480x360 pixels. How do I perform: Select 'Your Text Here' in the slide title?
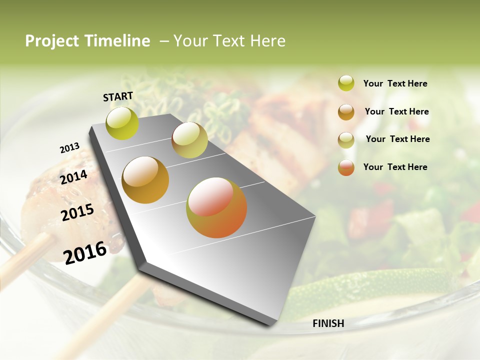pos(229,41)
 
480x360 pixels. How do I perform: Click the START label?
pos(118,96)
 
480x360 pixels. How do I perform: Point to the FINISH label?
pos(328,323)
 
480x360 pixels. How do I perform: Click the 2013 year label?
pos(69,148)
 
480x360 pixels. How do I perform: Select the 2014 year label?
pos(74,177)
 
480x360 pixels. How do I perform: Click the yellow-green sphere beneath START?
pos(122,123)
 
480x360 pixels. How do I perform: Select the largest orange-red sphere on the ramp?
pos(216,207)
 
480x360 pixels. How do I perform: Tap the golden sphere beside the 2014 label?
pos(145,180)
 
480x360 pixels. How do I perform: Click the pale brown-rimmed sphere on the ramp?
pos(189,140)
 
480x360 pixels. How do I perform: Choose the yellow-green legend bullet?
pos(346,83)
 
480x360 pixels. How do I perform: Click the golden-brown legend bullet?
pos(346,111)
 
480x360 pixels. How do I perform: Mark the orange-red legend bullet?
pos(346,167)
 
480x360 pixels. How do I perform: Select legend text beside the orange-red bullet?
pos(395,167)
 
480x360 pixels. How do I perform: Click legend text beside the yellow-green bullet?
pos(395,83)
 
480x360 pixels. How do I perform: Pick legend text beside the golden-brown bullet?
pos(396,111)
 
